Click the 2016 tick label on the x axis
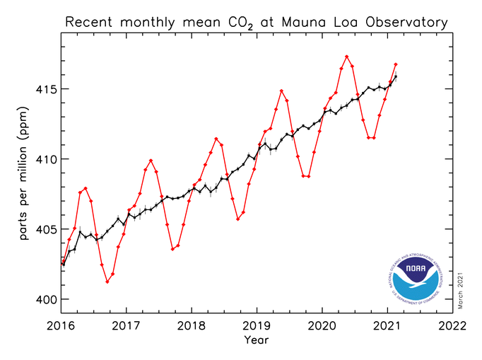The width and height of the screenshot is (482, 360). (x=62, y=327)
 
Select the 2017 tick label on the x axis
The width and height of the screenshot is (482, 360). (x=127, y=327)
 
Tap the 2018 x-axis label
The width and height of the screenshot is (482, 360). (x=192, y=327)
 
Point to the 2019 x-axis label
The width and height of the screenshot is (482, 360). (x=257, y=327)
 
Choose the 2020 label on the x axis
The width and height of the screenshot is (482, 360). (x=322, y=327)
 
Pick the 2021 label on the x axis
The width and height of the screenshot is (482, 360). (x=387, y=327)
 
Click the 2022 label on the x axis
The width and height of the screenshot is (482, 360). (x=452, y=327)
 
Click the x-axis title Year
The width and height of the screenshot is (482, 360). (x=257, y=340)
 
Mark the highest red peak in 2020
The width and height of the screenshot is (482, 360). (x=346, y=56)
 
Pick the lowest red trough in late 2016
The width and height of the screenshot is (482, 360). (x=107, y=281)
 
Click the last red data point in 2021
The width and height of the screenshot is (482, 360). (x=396, y=64)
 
